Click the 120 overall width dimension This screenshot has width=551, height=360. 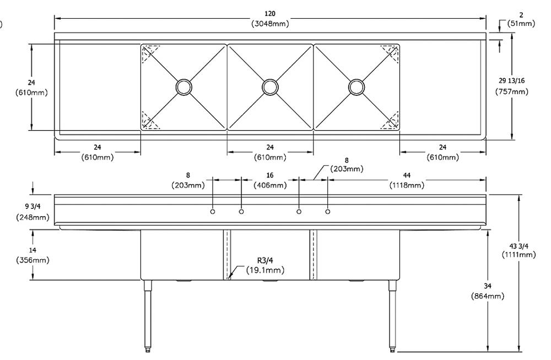coord(270,13)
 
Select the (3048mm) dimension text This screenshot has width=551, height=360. coord(270,23)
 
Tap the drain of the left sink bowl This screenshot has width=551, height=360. coord(183,87)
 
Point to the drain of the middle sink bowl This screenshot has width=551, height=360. coord(270,87)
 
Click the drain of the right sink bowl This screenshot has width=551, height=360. coord(356,87)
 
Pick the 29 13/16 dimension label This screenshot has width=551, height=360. coord(512,81)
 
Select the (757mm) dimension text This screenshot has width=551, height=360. coord(512,91)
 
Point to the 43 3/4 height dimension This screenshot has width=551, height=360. coord(518,245)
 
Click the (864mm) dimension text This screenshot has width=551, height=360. coord(488,296)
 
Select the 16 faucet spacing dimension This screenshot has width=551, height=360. coord(270,175)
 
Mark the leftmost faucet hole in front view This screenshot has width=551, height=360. coord(213,212)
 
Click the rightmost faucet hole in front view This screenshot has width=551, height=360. coord(328,212)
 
